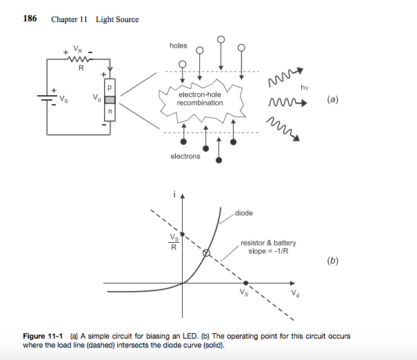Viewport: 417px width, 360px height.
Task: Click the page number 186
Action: [x=30, y=19]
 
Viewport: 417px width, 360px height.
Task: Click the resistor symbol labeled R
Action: [x=81, y=60]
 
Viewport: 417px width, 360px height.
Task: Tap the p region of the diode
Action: [x=108, y=88]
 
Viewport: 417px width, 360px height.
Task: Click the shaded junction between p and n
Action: [x=108, y=99]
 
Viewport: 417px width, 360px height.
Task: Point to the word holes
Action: [x=178, y=46]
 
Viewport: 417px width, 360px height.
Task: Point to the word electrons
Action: [x=185, y=157]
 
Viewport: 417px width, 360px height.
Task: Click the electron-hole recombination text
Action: [x=200, y=99]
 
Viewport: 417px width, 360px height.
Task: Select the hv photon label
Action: [x=304, y=88]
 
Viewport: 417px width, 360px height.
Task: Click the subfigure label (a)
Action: [x=334, y=99]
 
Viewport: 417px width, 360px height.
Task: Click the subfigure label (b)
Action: [x=334, y=261]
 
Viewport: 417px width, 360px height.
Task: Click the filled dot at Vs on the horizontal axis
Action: [x=246, y=283]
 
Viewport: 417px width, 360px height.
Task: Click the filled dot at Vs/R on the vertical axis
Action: [x=183, y=235]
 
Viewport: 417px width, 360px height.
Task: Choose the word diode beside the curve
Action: [x=244, y=213]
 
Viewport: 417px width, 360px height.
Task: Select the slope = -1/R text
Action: [x=267, y=251]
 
